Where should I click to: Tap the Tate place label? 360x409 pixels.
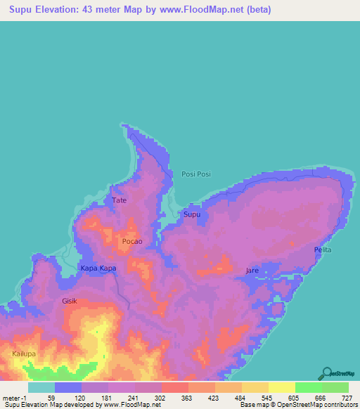point(120,200)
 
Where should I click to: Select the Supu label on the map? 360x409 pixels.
point(192,214)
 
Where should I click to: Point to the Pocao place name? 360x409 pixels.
point(132,241)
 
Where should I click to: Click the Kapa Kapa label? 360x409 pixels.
point(98,268)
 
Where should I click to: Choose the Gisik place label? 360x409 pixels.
point(69,301)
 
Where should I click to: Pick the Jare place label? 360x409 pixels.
point(252,271)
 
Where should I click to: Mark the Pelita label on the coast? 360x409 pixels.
point(323,250)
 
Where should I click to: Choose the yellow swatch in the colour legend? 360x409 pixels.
point(281,387)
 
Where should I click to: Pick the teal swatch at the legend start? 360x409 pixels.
point(41,387)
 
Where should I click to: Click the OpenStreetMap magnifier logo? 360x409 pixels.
point(328,373)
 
